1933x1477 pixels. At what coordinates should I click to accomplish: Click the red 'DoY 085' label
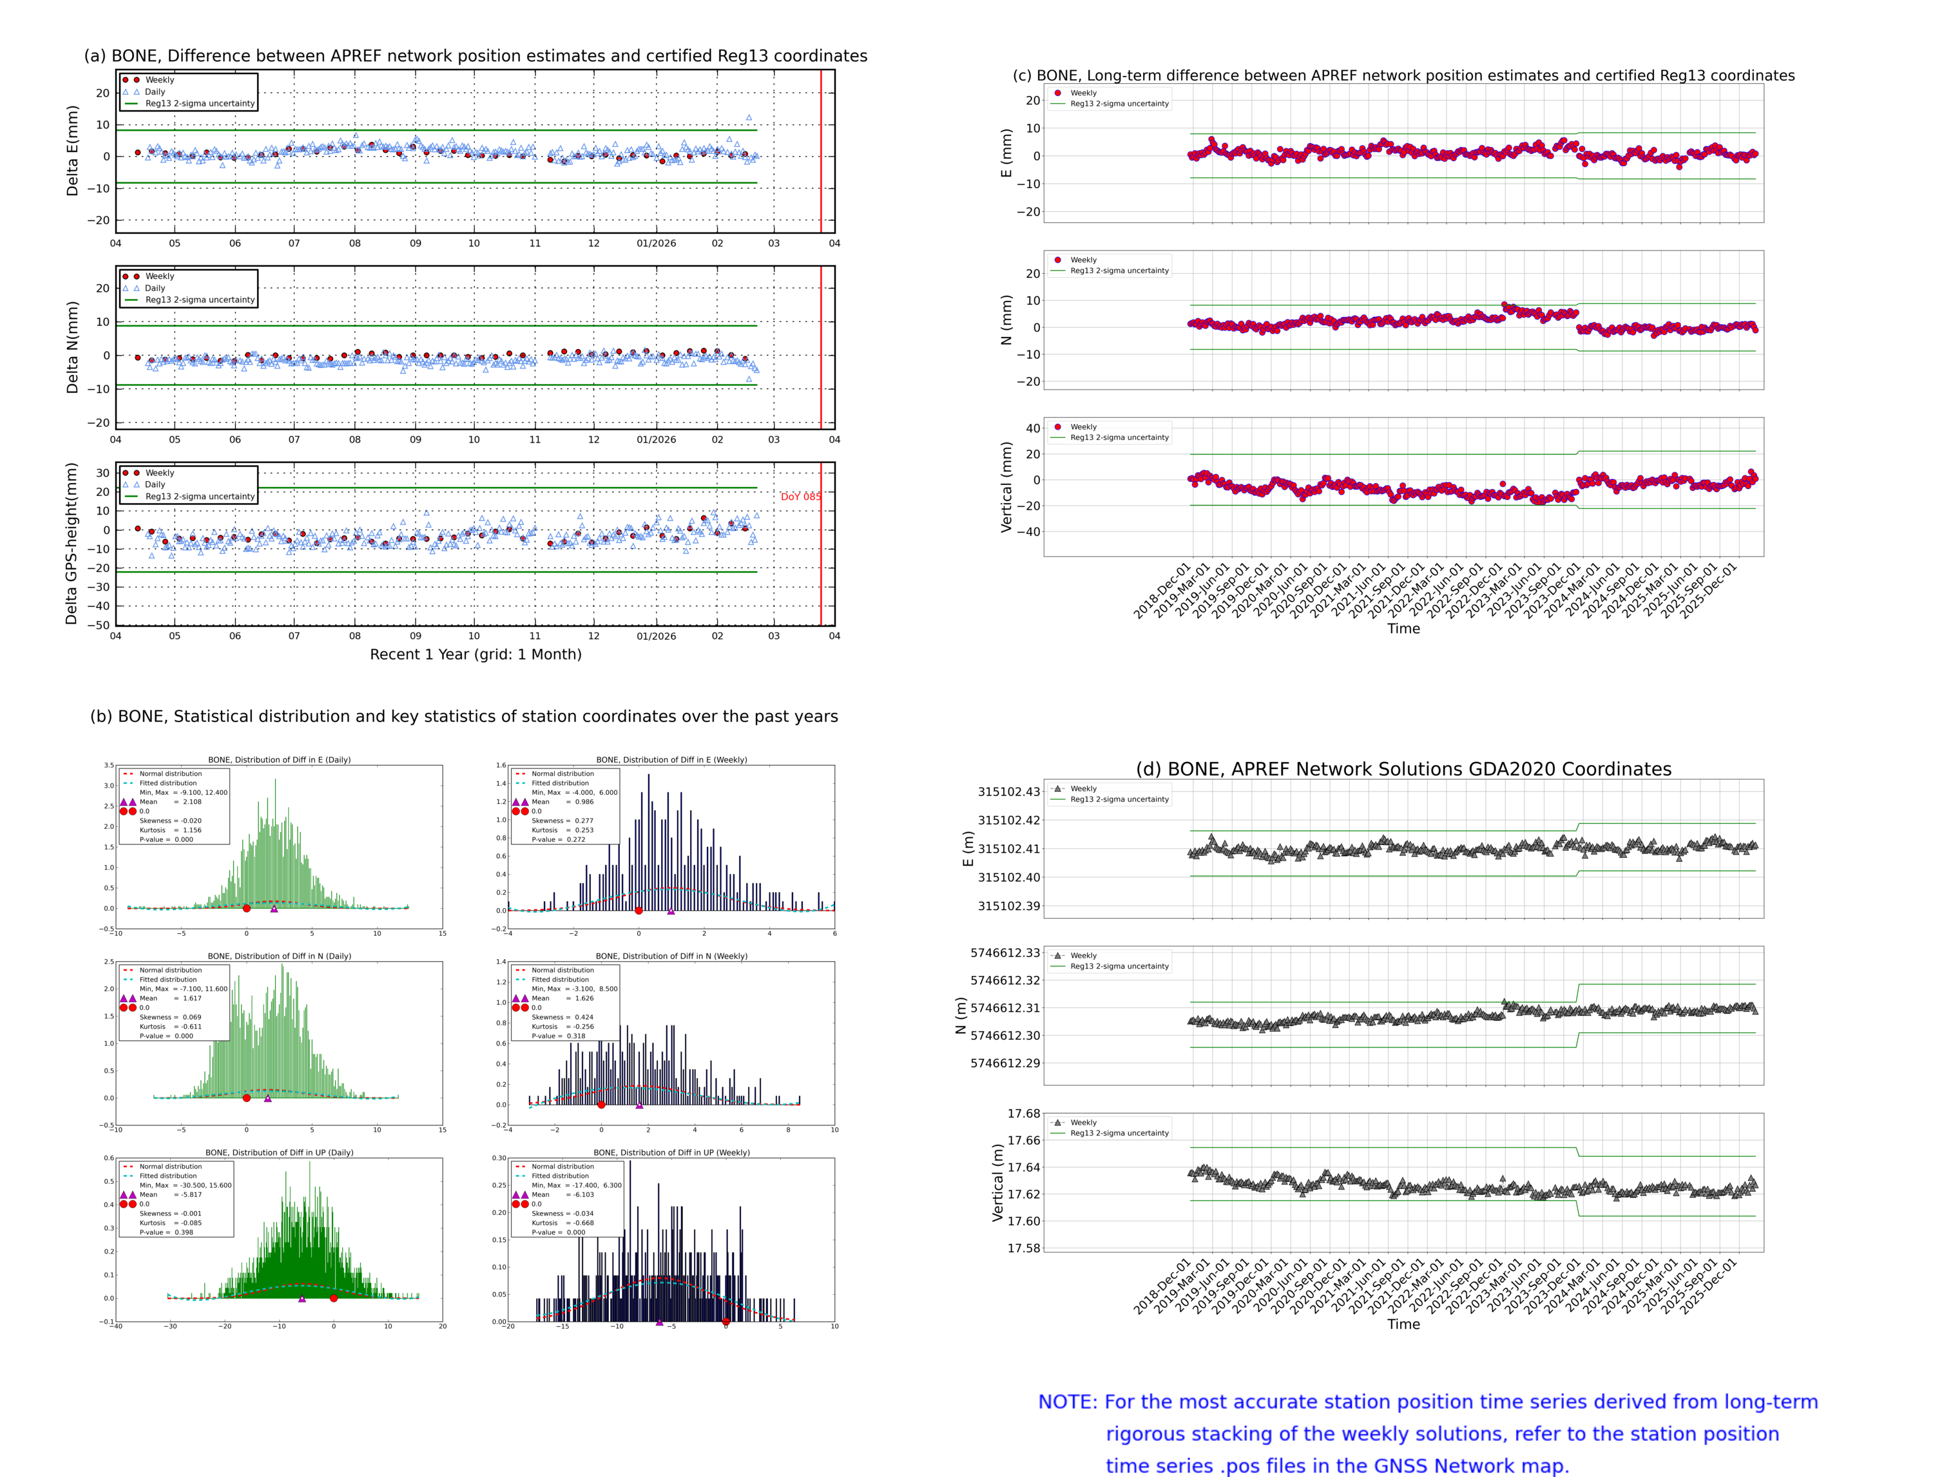[800, 497]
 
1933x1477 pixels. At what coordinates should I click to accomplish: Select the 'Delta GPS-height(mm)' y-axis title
[72, 543]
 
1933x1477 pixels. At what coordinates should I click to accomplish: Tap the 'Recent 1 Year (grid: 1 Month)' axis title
[475, 654]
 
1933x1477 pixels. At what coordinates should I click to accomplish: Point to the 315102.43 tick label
[1009, 791]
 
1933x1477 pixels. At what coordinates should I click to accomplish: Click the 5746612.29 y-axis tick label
[1005, 1063]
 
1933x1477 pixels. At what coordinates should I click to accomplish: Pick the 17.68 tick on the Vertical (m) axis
[1024, 1113]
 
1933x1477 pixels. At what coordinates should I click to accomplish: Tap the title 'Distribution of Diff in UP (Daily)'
[280, 1152]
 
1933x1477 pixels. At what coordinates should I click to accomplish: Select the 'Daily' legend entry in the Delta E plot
[155, 91]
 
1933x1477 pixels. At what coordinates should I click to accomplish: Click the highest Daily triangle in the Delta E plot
[749, 117]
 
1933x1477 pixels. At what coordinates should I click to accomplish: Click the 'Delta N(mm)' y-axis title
[72, 347]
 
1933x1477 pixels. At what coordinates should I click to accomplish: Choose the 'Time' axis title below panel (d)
[1403, 1324]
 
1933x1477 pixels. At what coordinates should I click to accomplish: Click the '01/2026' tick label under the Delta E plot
[656, 243]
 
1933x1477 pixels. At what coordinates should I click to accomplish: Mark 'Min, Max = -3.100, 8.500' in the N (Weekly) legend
[574, 988]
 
